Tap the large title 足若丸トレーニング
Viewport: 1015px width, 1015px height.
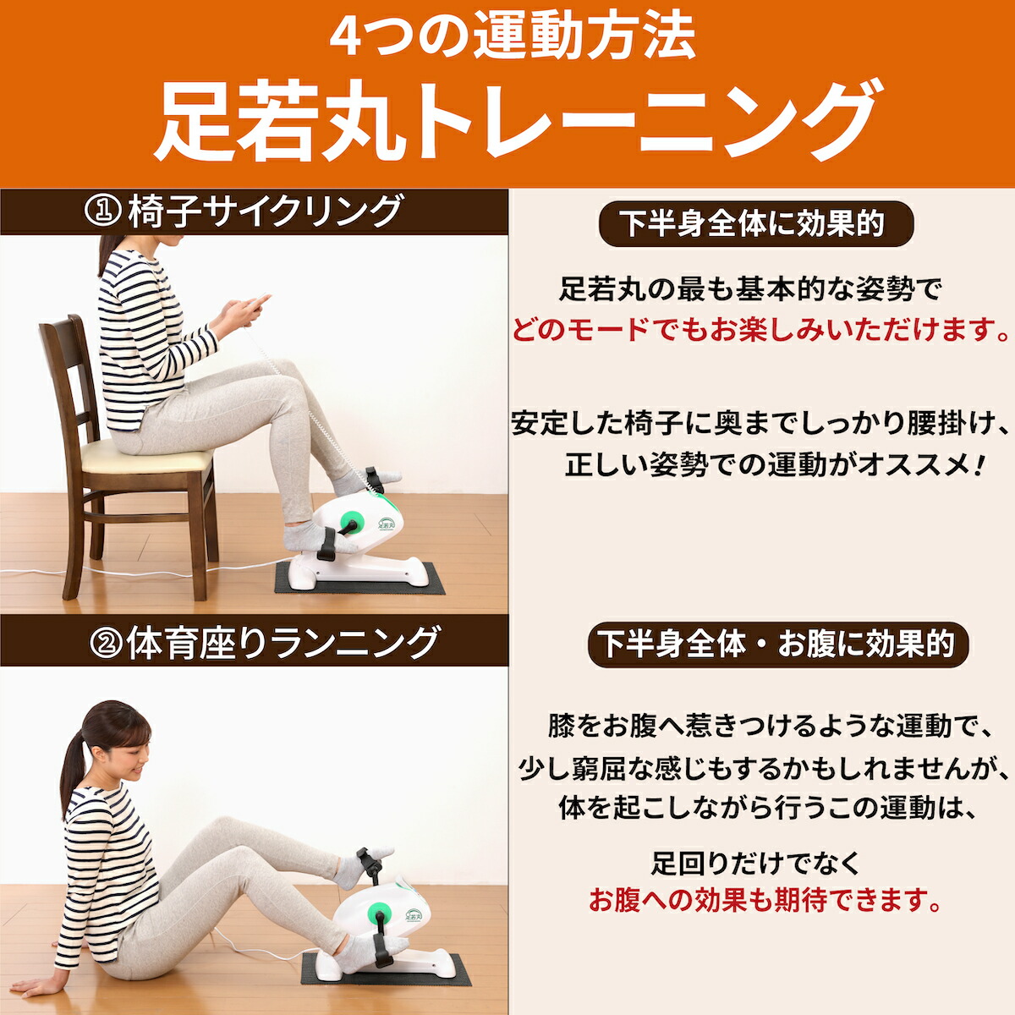click(507, 121)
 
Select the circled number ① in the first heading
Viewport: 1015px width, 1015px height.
click(101, 211)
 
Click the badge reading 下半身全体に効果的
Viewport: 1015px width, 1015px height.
click(756, 224)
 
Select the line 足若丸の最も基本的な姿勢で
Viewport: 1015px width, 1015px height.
click(750, 289)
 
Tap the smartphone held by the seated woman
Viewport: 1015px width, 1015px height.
click(258, 305)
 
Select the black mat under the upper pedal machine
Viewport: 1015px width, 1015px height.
click(359, 578)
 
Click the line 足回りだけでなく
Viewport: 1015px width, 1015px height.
click(755, 864)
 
